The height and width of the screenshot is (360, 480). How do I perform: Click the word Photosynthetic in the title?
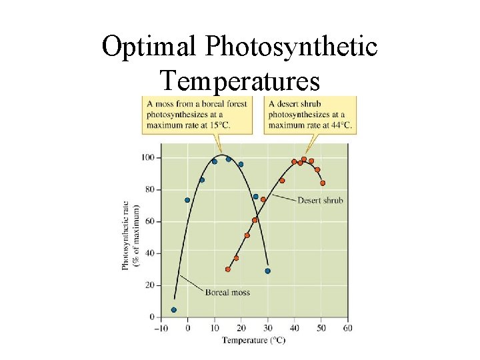pos(291,47)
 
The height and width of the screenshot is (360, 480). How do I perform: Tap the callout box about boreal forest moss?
pos(197,115)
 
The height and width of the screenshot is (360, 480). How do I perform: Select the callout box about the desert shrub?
pos(311,115)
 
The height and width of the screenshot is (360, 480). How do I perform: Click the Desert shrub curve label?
pos(320,200)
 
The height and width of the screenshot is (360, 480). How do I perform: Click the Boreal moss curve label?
pos(227,292)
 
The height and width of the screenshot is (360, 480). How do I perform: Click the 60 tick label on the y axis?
pos(149,221)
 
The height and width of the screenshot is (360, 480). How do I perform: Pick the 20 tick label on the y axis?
pos(149,285)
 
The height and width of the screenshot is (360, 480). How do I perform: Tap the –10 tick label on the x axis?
pos(161,328)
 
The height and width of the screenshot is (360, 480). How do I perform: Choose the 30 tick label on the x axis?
pos(267,328)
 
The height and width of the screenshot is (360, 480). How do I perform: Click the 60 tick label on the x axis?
pos(347,328)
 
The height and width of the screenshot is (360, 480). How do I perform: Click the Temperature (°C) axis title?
pos(253,340)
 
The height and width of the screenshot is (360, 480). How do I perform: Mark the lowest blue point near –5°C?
pos(174,310)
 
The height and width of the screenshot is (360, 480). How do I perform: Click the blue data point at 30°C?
pos(268,271)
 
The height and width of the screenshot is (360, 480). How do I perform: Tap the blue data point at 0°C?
pos(187,200)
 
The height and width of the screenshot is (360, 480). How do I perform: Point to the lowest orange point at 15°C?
pos(228,269)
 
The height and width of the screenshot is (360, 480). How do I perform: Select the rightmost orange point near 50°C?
pos(323,183)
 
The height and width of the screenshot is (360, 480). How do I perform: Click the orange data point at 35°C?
pos(282,181)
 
